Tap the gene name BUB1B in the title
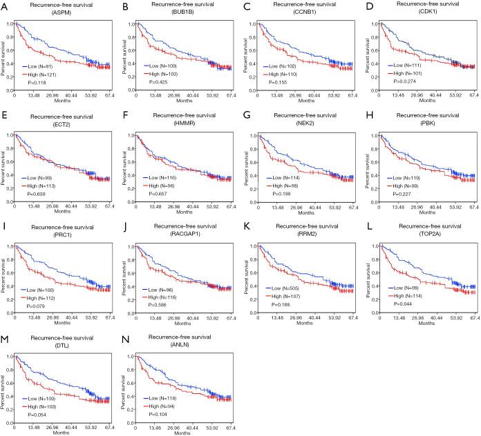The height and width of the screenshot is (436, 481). [189, 13]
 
